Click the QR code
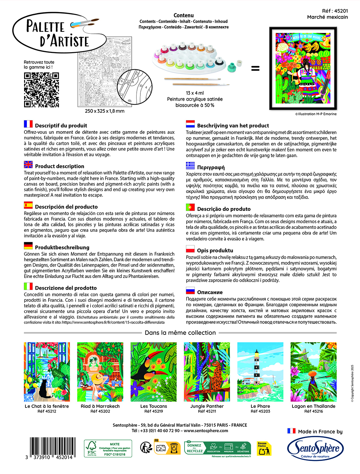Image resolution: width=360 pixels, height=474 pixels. (41, 90)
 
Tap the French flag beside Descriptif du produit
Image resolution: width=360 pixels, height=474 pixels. (28, 124)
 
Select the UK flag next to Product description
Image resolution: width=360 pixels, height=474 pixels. (28, 165)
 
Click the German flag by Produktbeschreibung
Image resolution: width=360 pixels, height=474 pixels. (28, 246)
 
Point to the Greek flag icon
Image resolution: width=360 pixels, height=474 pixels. (191, 166)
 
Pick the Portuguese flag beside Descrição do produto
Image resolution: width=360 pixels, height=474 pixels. (191, 207)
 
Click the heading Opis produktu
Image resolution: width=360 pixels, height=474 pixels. (215, 251)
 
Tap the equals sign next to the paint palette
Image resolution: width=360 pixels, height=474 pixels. (255, 69)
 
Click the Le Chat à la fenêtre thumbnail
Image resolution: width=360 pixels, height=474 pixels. (47, 372)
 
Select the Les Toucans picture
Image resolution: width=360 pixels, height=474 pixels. (153, 372)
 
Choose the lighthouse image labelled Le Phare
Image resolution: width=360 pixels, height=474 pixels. (260, 372)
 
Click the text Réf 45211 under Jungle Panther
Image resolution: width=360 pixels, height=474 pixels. (207, 411)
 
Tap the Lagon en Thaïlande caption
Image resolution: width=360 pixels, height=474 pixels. (314, 406)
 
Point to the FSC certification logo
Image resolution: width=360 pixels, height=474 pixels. (108, 449)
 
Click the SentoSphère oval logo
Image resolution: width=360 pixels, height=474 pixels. (315, 449)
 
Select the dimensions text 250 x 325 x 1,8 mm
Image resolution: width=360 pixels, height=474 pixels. (105, 111)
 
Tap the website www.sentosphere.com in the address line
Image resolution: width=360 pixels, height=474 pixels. (206, 431)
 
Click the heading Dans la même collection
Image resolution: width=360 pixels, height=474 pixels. (180, 333)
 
